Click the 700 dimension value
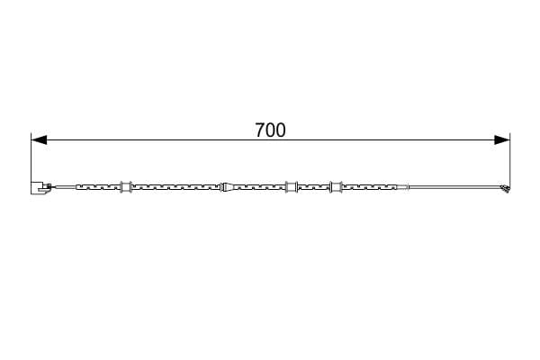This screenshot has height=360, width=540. point(270,130)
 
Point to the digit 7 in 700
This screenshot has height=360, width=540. point(260,130)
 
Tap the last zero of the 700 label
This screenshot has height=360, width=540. point(281,130)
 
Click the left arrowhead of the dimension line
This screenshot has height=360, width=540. point(39,139)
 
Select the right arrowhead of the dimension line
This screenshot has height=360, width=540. point(502,139)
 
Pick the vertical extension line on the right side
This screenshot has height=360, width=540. point(510,161)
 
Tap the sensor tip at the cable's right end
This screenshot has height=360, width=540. point(505,189)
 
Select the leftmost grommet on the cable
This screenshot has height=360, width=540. point(126,187)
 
